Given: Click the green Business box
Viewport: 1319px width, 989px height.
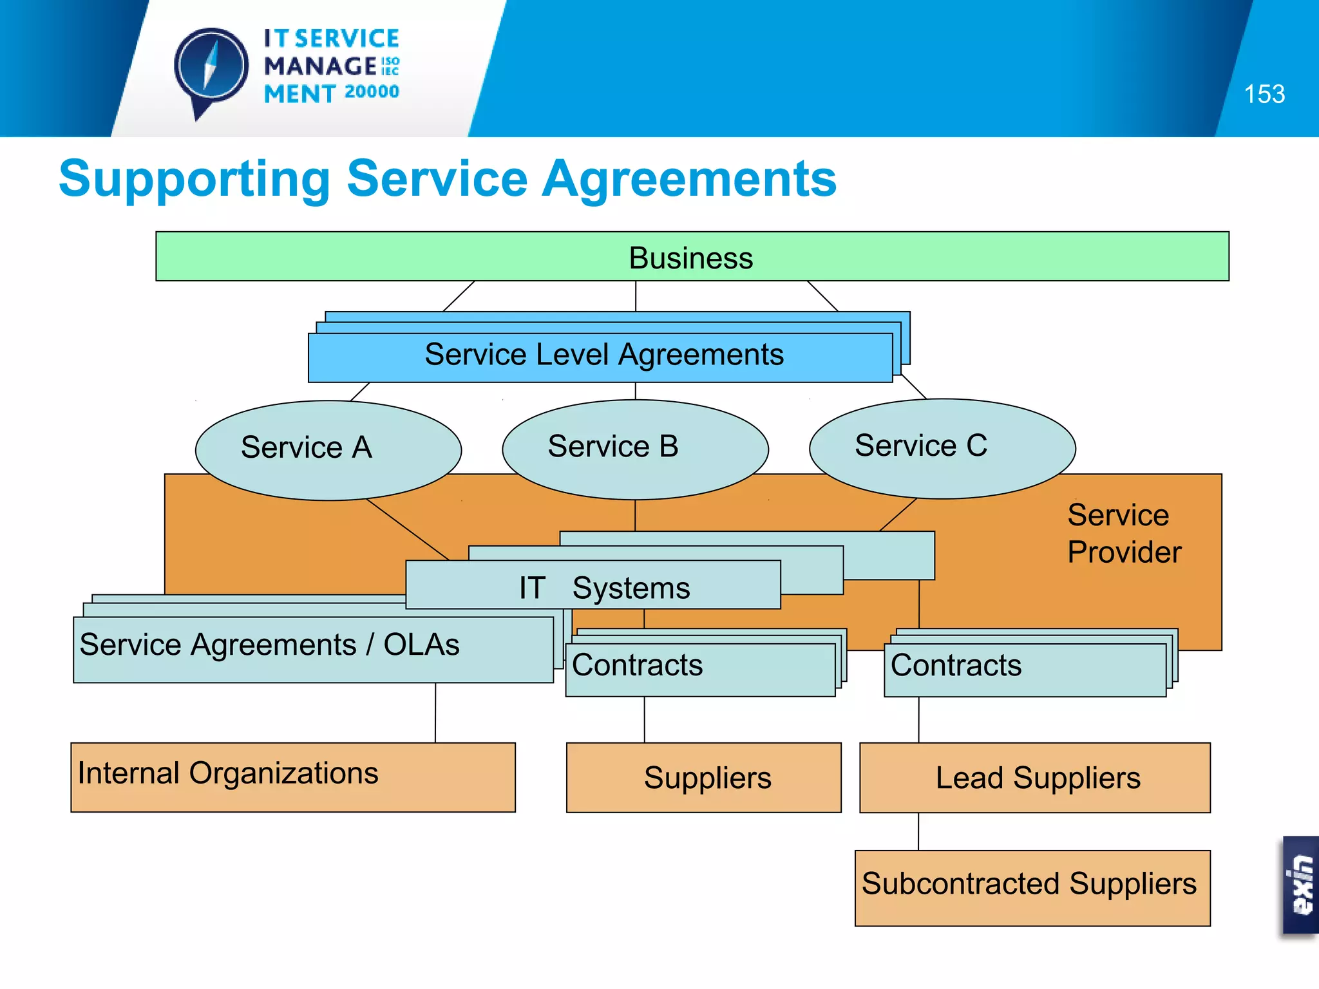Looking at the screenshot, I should (x=692, y=257).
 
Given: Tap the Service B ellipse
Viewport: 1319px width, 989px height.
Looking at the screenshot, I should (x=634, y=449).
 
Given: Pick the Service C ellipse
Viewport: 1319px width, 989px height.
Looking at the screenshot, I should (x=942, y=448).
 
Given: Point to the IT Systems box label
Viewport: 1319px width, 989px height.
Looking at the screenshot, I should (x=603, y=587).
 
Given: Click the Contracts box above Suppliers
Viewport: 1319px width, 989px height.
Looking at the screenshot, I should (x=700, y=669).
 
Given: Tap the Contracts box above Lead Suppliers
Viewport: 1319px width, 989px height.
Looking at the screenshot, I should (x=1024, y=669).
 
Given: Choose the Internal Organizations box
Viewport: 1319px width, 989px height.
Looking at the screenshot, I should (x=293, y=777).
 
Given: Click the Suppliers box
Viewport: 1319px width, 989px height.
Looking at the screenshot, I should (x=704, y=777).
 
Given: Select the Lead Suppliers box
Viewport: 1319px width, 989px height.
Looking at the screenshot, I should (x=1035, y=777).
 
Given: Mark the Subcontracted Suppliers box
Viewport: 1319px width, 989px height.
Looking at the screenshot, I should (x=1032, y=887).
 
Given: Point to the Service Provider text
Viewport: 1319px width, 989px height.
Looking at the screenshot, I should (x=1124, y=533).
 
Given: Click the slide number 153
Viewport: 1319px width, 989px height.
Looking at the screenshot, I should (x=1264, y=95).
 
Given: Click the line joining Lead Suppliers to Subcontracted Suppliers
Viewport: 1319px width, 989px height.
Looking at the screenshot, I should (x=918, y=831).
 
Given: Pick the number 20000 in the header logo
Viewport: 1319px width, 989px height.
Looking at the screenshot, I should (x=372, y=92).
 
